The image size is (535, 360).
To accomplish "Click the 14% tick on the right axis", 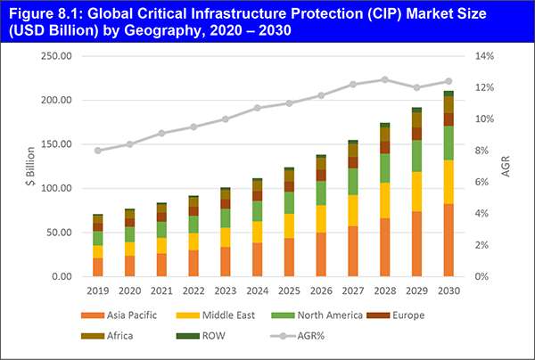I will [481, 56].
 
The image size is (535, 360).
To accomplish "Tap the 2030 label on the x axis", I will [449, 290].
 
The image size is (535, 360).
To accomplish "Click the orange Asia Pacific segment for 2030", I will [449, 240].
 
